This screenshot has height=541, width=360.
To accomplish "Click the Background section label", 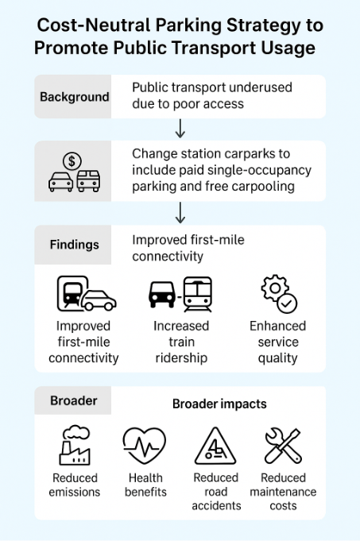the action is pos(74,97).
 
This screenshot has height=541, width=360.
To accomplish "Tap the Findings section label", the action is pos(74,245).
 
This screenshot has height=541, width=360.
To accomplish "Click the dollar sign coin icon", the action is pos(72,160).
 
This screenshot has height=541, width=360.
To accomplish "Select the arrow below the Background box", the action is pos(180,129).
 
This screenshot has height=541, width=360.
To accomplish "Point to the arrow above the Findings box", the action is pos(180,213).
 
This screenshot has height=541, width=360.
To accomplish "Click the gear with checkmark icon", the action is pos(279,294).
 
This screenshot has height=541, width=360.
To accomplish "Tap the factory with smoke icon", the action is pos(75,445).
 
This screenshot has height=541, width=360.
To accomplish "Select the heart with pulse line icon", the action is pos(145,445).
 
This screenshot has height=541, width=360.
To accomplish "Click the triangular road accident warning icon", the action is pos(215,446).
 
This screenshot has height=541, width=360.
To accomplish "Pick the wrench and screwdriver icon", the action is pos(283,446).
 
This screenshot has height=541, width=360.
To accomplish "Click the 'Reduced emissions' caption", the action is pos(75,485).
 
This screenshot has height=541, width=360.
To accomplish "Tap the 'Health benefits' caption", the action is pos(145,485).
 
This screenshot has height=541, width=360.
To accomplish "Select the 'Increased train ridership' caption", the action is pos(181,342).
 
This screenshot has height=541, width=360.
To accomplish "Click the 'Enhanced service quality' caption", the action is pos(278,342).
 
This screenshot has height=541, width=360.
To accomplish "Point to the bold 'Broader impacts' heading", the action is pos(219,404).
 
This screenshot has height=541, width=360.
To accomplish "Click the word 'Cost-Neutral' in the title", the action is pos(94,25).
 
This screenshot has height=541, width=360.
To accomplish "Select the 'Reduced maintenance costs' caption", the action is pos(283,492).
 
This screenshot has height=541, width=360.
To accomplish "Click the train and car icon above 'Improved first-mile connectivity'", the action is pos(87,294).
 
